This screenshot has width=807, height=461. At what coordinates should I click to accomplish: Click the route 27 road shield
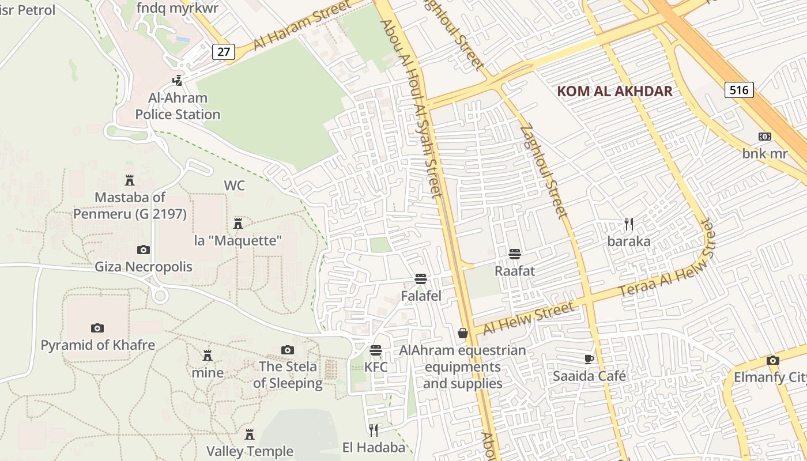pos(224,52)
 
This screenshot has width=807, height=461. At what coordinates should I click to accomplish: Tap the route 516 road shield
pos(738,89)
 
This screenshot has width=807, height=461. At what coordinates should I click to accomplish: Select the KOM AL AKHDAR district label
pos(615,91)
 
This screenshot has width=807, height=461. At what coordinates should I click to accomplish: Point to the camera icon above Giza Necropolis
pos(144,250)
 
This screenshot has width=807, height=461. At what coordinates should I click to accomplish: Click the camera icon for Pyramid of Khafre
pos(97,328)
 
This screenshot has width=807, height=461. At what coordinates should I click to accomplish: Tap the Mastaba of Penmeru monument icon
pos(130,180)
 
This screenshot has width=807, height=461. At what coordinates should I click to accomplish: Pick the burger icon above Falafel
pos(421,279)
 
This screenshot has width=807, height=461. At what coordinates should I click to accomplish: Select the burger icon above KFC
pos(376,350)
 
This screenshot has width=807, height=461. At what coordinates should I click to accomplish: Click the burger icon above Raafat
pos(515,254)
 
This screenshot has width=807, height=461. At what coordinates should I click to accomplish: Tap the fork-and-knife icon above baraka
pos(629,224)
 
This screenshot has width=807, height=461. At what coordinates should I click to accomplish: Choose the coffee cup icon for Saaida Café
pos(589,359)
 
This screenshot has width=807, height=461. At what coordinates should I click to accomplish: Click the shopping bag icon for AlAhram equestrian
pos(463,332)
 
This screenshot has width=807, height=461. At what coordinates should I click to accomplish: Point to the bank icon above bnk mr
pos(764,137)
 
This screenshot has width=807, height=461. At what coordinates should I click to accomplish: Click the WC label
pos(234,186)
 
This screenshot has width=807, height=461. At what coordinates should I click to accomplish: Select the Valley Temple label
pos(250,451)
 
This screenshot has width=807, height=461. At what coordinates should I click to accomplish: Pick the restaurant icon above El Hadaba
pos(374,429)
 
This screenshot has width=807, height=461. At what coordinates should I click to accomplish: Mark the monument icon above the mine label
pos(208,355)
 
